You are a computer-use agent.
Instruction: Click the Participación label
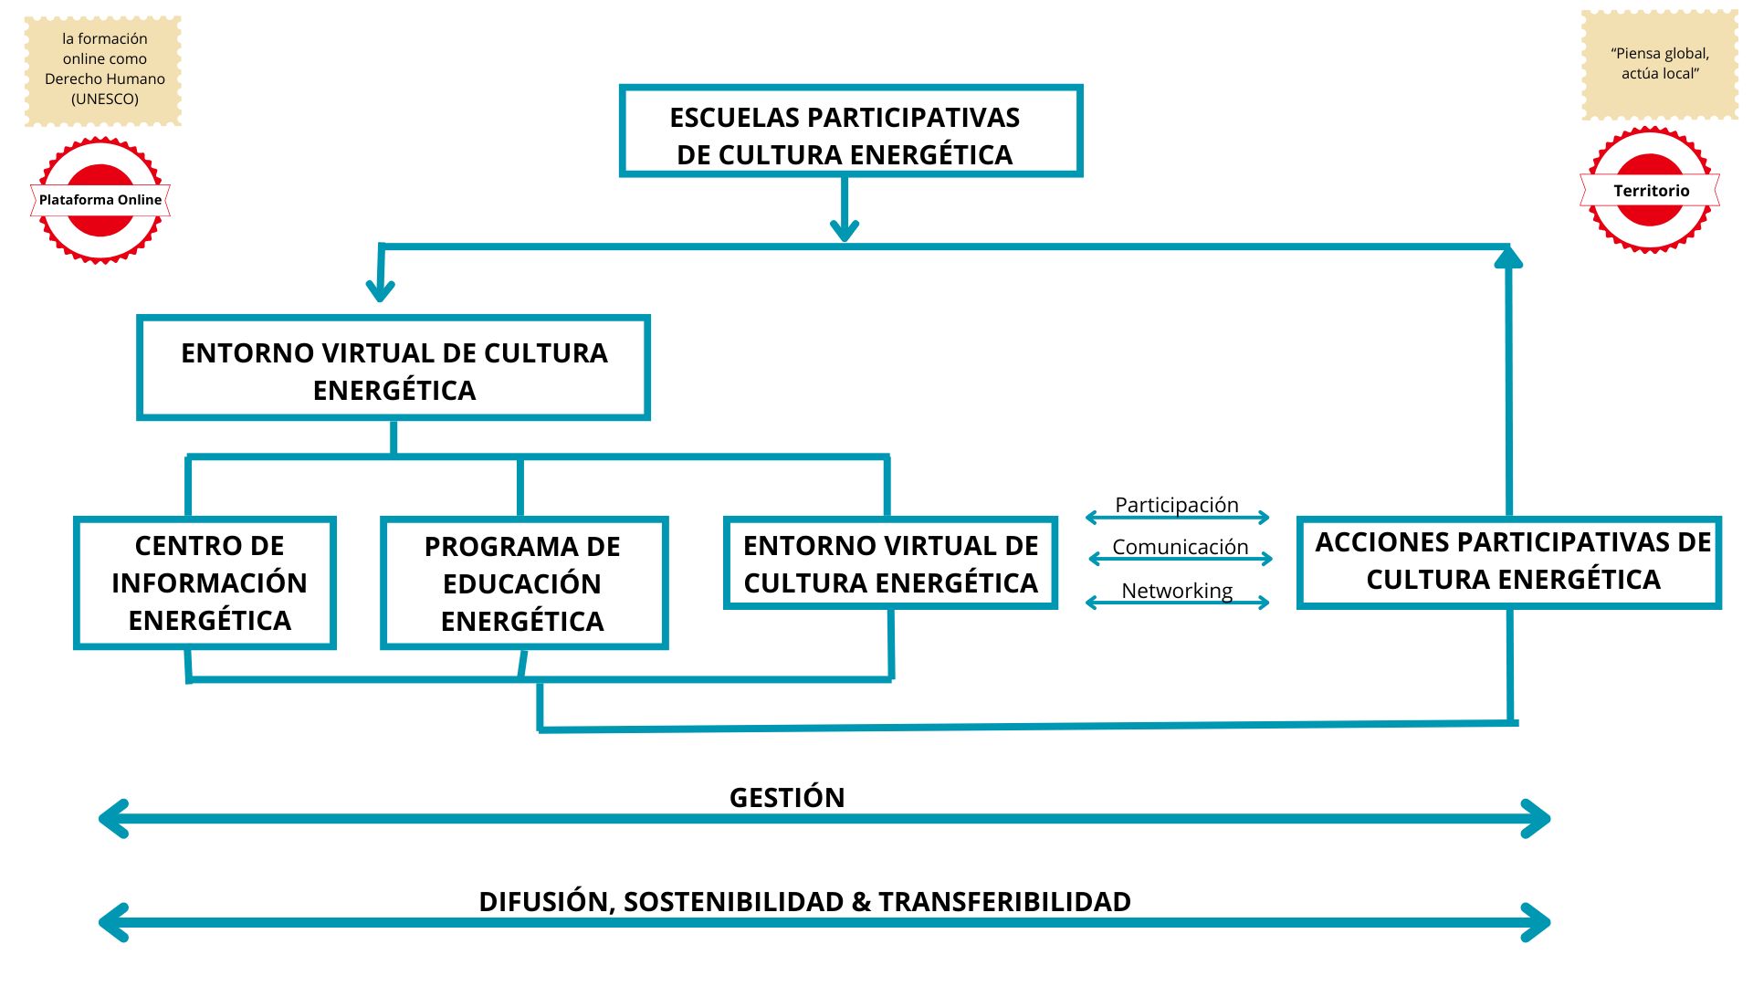coord(1177,505)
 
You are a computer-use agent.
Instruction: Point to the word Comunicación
coord(1180,547)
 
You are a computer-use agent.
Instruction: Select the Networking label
coord(1177,591)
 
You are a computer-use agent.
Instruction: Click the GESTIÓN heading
coord(787,797)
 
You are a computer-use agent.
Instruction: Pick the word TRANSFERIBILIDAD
coord(1004,902)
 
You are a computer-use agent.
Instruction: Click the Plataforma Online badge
coord(100,200)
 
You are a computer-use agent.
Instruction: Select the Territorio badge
coord(1650,190)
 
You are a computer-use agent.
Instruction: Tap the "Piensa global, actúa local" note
coord(1660,64)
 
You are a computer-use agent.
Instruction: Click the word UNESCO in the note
coord(105,99)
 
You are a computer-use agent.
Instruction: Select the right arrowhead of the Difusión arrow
coord(1536,922)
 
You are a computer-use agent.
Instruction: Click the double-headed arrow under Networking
coord(1178,603)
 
